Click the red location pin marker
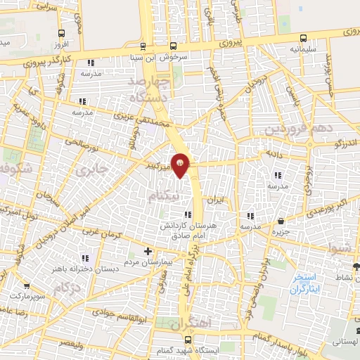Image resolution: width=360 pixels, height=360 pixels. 181,165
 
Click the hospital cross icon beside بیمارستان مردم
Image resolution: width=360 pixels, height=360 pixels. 148,251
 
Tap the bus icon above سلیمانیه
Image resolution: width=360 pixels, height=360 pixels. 303,38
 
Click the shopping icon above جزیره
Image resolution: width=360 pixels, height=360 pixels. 281,221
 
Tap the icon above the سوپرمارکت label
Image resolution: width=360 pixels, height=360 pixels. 27,287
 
